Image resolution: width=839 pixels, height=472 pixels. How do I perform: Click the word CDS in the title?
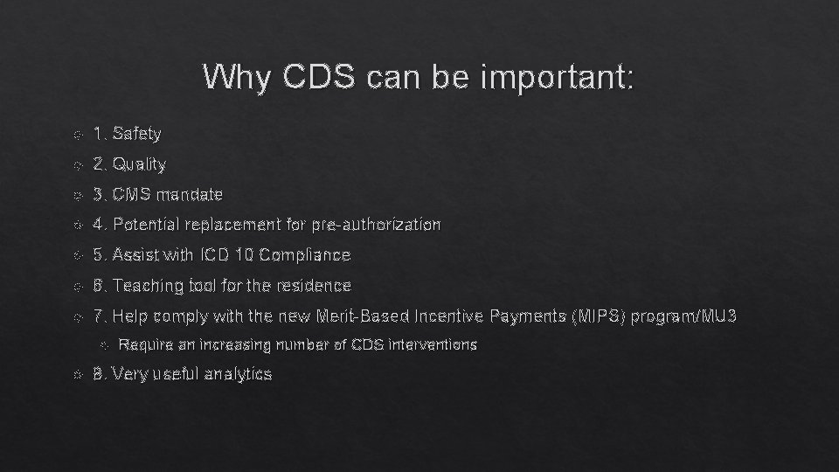pyautogui.click(x=319, y=78)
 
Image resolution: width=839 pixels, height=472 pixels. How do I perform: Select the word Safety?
pyautogui.click(x=137, y=134)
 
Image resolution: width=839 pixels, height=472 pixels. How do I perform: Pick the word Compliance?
pyautogui.click(x=305, y=255)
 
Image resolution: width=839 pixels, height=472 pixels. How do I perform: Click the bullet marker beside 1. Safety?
pyautogui.click(x=78, y=135)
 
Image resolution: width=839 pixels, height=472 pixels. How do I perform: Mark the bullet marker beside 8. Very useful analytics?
pyautogui.click(x=78, y=375)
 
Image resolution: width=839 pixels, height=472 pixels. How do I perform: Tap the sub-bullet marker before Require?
pyautogui.click(x=103, y=345)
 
